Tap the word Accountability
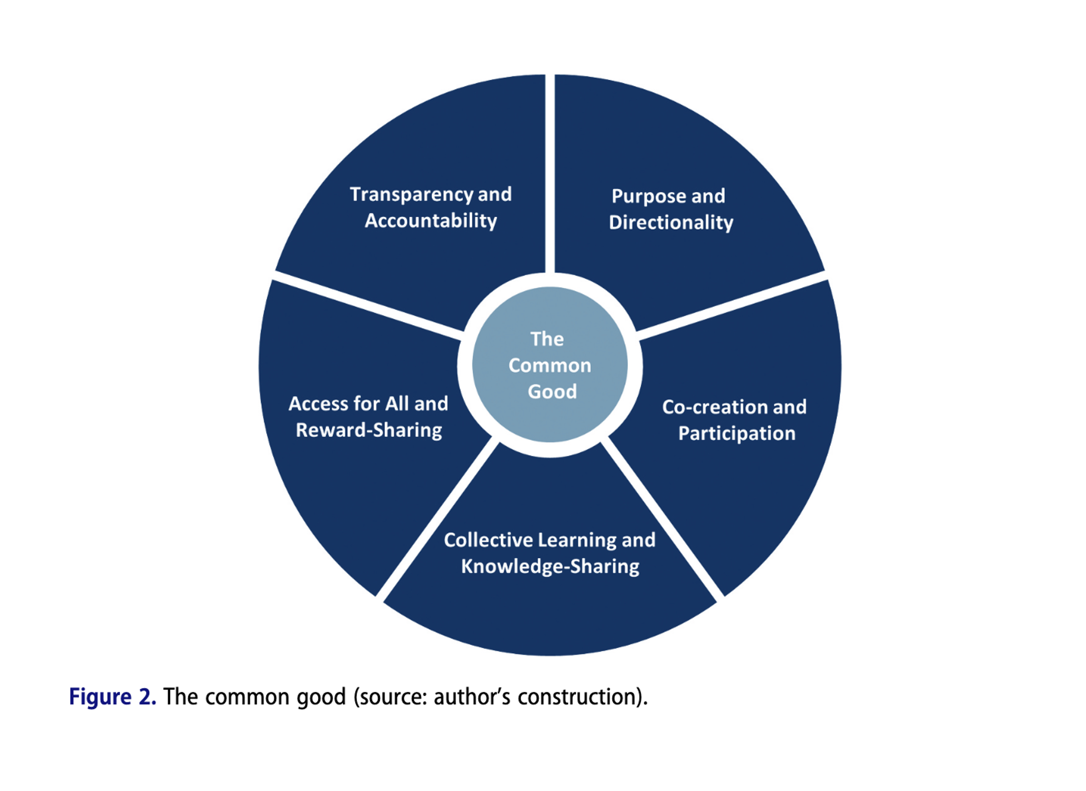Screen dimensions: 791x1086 (x=430, y=221)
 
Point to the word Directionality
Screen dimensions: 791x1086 (x=671, y=222)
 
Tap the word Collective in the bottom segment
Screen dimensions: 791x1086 (x=488, y=540)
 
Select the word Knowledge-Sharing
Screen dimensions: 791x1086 (x=550, y=567)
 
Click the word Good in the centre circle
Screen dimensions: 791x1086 (x=552, y=392)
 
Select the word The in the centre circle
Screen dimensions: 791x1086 (x=547, y=339)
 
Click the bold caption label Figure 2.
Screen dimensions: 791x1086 (x=113, y=697)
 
